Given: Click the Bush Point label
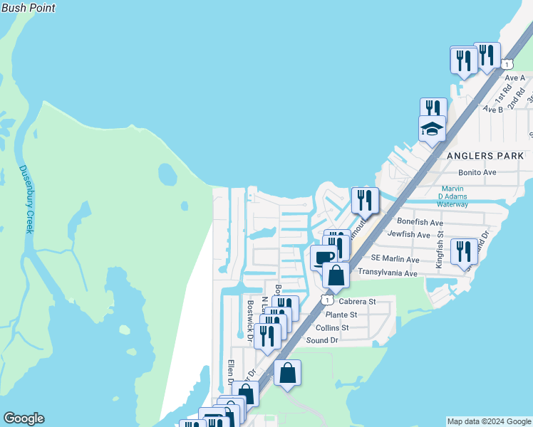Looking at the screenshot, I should [28, 8].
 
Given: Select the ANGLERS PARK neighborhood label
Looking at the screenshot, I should [485, 156].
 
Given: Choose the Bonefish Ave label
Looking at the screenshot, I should [420, 222].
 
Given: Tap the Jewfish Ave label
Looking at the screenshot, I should [409, 234].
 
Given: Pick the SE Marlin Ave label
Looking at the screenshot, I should [395, 258].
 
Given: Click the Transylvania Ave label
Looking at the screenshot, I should [388, 273].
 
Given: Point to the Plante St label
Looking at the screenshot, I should [341, 315].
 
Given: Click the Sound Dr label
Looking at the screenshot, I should [322, 340].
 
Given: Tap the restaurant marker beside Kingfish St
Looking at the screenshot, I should [464, 251].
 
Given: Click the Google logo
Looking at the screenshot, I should [24, 418].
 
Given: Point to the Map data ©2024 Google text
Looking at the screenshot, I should [489, 421].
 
